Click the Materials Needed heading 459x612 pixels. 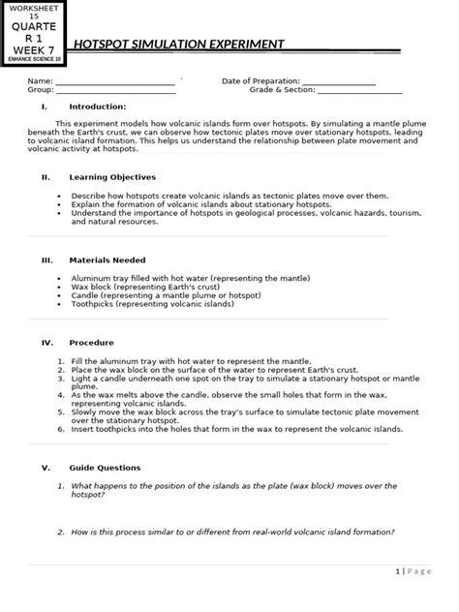tap(107, 260)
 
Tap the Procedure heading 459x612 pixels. tap(91, 343)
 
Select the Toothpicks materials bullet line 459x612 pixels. tap(152, 304)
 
